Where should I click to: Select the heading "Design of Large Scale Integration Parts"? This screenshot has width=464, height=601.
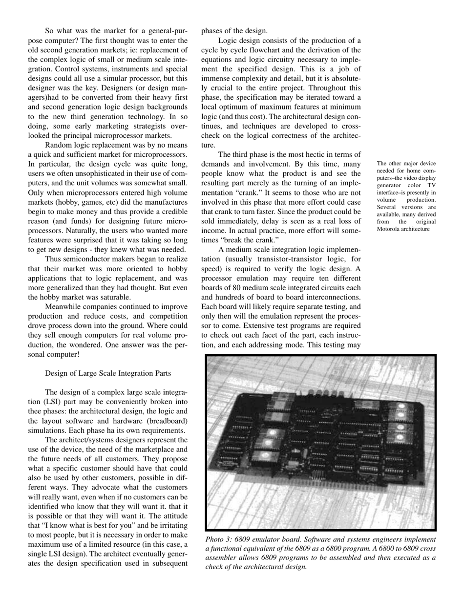pyautogui.click(x=108, y=373)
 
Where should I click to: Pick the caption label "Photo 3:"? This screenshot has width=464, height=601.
pyautogui.click(x=219, y=540)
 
